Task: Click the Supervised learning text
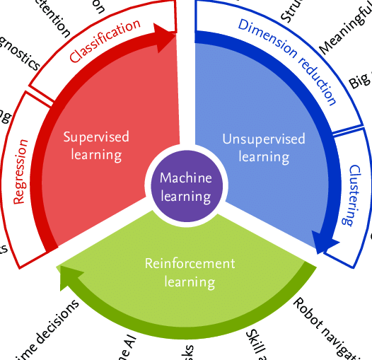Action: pos(97,145)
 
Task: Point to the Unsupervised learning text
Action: pos(263,147)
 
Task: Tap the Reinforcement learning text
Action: pos(190,272)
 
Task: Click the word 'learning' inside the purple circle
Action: pos(186,196)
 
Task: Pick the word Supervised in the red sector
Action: pos(97,137)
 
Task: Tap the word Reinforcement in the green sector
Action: pos(190,264)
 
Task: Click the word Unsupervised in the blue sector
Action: pos(263,139)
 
